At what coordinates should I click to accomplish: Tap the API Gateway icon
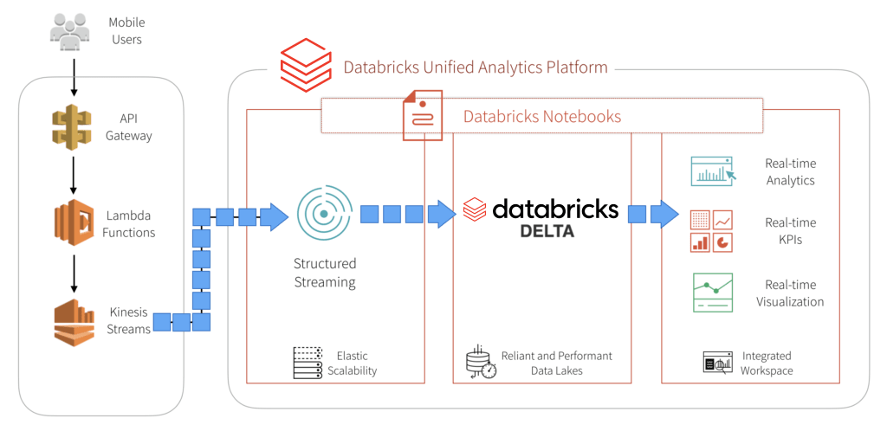coord(71,126)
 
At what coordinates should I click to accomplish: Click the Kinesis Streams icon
coord(74,321)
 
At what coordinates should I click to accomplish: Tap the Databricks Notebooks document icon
coord(423,115)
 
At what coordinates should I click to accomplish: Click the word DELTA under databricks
coord(547,231)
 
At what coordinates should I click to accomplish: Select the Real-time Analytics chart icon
coord(712,171)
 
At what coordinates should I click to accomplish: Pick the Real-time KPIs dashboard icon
coord(711,231)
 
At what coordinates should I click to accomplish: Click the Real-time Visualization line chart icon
coord(712,293)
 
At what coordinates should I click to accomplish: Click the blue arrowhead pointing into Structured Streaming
coord(274,216)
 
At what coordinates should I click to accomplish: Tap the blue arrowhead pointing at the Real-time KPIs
coord(664,214)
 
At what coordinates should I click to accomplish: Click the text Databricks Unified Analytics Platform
coord(476,68)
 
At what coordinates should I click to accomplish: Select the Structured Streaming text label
coord(325,273)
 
